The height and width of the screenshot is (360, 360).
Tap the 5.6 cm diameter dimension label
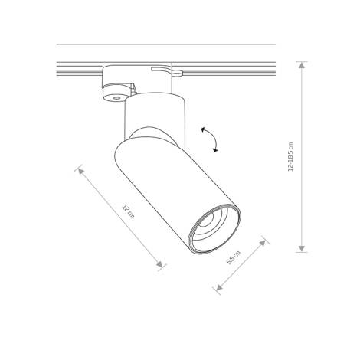234,259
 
